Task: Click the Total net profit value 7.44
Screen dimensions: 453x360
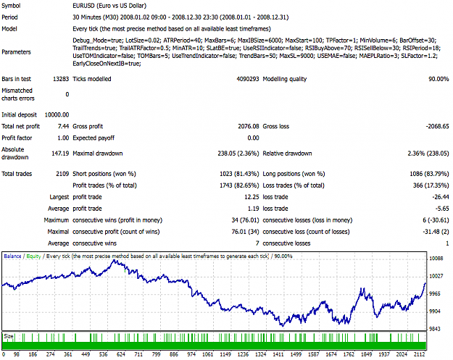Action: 63,127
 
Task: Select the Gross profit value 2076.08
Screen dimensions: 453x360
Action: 249,127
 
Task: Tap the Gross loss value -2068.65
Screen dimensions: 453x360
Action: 437,127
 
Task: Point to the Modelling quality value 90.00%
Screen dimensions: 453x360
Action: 439,79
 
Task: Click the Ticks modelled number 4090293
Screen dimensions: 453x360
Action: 248,79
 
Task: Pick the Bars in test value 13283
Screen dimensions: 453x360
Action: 61,79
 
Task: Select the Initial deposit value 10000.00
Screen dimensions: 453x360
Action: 57,115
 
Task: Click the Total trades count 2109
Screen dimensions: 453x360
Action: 62,174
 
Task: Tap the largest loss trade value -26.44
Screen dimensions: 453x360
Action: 441,197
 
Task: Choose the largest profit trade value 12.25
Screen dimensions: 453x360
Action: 252,197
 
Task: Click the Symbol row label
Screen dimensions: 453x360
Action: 11,6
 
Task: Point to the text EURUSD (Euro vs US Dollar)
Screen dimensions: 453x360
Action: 109,6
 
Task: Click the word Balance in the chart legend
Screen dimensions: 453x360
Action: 12,256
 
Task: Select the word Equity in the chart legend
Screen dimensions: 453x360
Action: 33,256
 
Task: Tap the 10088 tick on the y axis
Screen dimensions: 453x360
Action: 436,259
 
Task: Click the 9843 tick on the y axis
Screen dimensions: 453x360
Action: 436,329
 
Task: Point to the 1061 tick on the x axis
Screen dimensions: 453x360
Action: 207,354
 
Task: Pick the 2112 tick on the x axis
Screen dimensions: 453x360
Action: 419,354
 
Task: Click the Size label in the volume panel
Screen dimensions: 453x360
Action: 9,336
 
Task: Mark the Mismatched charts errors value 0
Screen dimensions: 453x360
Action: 67,94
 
